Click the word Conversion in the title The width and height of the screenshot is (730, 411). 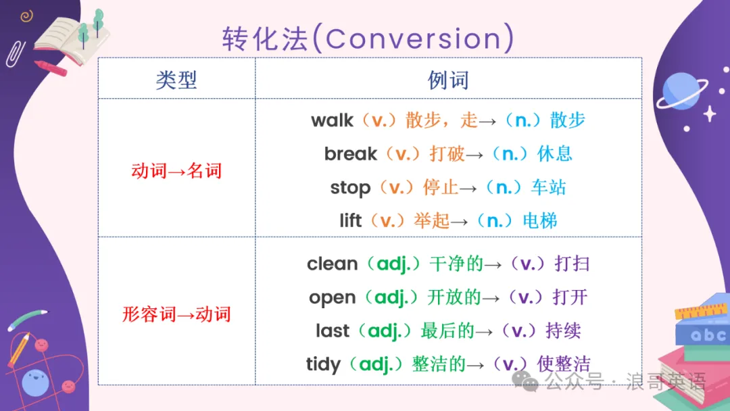pos(414,38)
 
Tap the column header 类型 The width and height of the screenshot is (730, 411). pos(176,80)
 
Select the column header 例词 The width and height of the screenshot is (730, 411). pos(448,80)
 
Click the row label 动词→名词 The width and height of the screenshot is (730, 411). pos(176,171)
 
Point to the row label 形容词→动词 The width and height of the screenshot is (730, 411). pos(176,314)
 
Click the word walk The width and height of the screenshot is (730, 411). pos(332,120)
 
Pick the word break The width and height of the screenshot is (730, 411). pos(351,153)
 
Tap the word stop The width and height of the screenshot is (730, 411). pos(350,188)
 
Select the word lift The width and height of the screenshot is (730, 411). pos(350,220)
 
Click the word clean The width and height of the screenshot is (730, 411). pos(332,264)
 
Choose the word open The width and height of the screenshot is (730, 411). pos(332,298)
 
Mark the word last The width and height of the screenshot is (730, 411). pos(332,331)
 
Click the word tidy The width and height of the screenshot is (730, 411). pos(322,364)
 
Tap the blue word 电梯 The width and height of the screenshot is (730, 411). pos(539,220)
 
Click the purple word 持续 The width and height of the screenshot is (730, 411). pos(563,331)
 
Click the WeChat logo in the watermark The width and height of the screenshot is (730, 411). pos(525,381)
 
